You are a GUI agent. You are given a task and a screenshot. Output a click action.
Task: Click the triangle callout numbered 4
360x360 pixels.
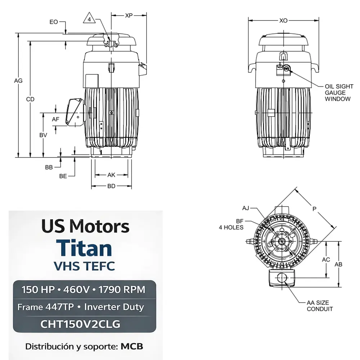(x=89, y=19)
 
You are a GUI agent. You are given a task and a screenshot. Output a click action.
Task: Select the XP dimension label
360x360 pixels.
(x=129, y=15)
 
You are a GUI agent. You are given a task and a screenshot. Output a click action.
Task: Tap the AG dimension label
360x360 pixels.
(x=18, y=81)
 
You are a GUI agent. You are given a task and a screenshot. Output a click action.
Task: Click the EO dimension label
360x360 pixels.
(x=54, y=22)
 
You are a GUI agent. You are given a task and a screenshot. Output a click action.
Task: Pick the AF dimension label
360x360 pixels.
(x=55, y=119)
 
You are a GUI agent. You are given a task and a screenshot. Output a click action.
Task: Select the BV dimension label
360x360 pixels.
(x=43, y=135)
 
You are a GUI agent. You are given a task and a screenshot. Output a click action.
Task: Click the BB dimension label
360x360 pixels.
(x=49, y=167)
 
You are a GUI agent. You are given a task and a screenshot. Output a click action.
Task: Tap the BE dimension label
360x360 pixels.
(x=63, y=176)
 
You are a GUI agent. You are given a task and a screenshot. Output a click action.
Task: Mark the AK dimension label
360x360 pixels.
(x=111, y=175)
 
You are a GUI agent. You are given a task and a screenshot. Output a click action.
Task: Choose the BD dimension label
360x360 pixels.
(x=111, y=186)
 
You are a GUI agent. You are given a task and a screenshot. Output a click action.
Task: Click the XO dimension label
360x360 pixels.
(x=284, y=21)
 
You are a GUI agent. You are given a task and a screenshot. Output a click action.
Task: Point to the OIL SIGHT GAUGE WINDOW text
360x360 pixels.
(x=339, y=93)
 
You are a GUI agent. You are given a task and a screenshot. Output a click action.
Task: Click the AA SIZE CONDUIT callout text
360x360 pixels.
(x=320, y=306)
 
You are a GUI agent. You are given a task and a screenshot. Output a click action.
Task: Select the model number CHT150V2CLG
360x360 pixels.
(x=85, y=324)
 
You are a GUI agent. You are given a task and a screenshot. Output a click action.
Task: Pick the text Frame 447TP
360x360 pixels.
(x=46, y=307)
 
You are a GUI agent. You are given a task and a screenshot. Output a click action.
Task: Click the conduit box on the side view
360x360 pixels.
(x=74, y=112)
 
